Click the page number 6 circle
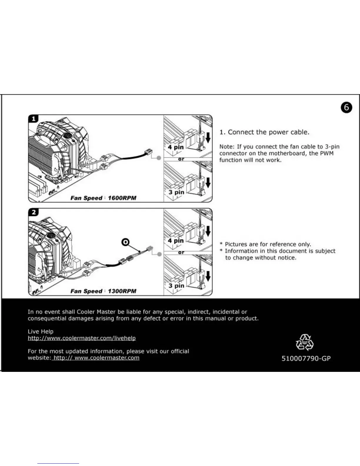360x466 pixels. tap(346, 107)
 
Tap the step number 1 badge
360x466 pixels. tap(34, 119)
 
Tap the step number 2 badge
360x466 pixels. tap(34, 212)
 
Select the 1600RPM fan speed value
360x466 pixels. tap(122, 198)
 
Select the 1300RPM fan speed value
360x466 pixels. tap(122, 291)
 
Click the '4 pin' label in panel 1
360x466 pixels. tap(176, 147)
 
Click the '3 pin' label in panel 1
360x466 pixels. tap(176, 192)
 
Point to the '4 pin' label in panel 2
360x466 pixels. tap(176, 241)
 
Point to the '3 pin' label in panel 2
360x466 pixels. tap(176, 286)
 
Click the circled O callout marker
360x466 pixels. tap(125, 242)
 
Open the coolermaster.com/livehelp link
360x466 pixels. tap(82, 338)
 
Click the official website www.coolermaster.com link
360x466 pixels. tap(96, 358)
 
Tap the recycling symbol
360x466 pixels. tap(304, 342)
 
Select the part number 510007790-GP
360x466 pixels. tap(306, 359)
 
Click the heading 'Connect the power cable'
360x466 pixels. tap(268, 132)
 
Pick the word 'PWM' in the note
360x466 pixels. tap(326, 153)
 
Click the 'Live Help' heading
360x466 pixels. tap(41, 332)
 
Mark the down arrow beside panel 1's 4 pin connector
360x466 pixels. tap(208, 137)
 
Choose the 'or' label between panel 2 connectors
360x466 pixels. tap(181, 252)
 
